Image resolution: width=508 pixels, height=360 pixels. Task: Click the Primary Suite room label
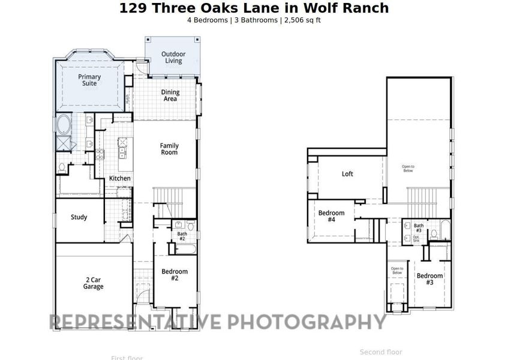pyautogui.click(x=89, y=80)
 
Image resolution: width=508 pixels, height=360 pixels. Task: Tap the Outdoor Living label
pyautogui.click(x=173, y=58)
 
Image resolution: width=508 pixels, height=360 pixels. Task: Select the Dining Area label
pyautogui.click(x=170, y=95)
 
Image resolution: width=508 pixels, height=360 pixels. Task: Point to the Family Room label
pyautogui.click(x=169, y=149)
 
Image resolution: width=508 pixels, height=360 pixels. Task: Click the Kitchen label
pyautogui.click(x=120, y=178)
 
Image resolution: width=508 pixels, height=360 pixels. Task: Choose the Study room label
pyautogui.click(x=79, y=217)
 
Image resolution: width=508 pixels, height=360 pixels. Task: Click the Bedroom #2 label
pyautogui.click(x=175, y=275)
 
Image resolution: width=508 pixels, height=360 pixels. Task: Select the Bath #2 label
pyautogui.click(x=182, y=236)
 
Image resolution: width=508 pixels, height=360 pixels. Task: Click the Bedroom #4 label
pyautogui.click(x=331, y=217)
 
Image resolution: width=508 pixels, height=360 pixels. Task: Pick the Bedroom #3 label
pyautogui.click(x=430, y=279)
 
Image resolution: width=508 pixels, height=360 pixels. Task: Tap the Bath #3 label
pyautogui.click(x=418, y=228)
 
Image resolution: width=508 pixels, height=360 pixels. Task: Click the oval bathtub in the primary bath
pyautogui.click(x=64, y=125)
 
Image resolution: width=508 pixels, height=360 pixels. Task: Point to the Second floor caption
pyautogui.click(x=381, y=352)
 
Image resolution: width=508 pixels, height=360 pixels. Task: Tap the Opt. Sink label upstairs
pyautogui.click(x=416, y=238)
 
